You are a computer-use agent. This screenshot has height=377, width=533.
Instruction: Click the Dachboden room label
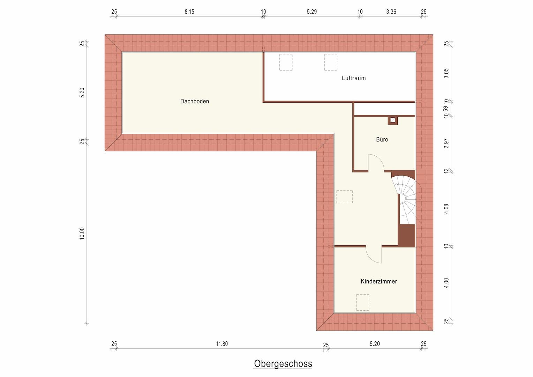click(x=194, y=102)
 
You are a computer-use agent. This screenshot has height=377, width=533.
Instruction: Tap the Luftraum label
click(x=353, y=78)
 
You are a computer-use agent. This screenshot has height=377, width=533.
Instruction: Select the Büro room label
click(x=382, y=140)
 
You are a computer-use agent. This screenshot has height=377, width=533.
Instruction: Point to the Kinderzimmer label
click(x=378, y=281)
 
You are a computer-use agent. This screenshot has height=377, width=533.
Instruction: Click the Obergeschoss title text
click(x=283, y=363)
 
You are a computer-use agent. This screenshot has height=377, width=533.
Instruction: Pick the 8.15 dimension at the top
click(x=189, y=12)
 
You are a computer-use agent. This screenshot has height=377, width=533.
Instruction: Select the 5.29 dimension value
click(x=311, y=12)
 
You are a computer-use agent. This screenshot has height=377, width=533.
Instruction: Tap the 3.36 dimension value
click(x=391, y=12)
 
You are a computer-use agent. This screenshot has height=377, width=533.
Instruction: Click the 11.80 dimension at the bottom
click(x=222, y=344)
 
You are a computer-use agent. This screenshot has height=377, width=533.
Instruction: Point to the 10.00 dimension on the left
click(x=82, y=233)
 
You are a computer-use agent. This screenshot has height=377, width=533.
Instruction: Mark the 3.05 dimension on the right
click(x=446, y=73)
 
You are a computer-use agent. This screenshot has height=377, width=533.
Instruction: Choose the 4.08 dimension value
click(x=446, y=209)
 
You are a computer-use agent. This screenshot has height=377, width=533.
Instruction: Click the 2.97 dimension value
click(x=446, y=143)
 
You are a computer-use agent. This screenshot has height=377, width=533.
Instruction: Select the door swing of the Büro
click(x=376, y=162)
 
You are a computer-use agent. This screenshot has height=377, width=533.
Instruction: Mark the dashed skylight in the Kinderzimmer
click(x=362, y=302)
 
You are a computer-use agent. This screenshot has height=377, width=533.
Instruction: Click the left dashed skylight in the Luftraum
click(x=286, y=62)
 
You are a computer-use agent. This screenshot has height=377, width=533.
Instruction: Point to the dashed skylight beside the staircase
click(x=344, y=197)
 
